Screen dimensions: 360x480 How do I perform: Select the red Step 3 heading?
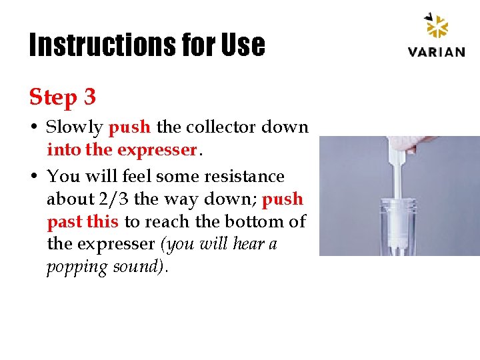[x=63, y=97]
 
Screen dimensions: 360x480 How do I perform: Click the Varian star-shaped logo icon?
[x=437, y=27]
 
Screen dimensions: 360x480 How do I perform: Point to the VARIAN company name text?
[x=437, y=51]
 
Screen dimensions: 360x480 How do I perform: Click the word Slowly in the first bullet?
[x=75, y=127]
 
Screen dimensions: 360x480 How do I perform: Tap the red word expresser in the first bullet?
[x=156, y=150]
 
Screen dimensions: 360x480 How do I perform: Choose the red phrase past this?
[x=83, y=222]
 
